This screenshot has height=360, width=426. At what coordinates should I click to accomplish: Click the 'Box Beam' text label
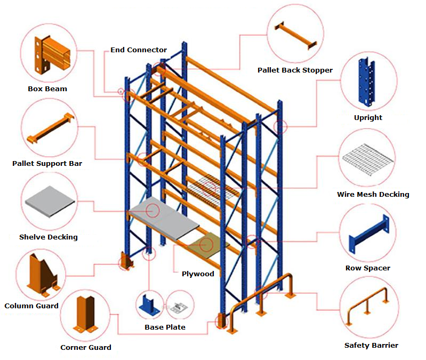tap(47, 89)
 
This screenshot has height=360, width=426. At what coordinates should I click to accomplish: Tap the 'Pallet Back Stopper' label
tap(295, 70)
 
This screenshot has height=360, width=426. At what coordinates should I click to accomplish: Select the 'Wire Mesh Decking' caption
tap(373, 194)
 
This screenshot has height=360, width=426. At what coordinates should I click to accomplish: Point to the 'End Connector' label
tap(139, 50)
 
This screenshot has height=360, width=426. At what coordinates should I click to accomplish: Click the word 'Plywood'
tap(198, 274)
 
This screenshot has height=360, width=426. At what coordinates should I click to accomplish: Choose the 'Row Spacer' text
tap(368, 268)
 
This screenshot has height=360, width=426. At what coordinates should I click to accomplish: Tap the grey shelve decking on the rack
tap(160, 218)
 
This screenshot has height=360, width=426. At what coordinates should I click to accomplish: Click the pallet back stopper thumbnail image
tap(295, 36)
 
